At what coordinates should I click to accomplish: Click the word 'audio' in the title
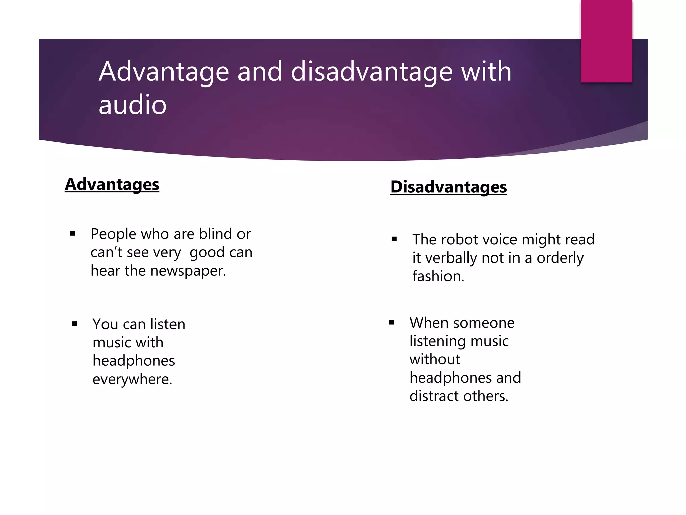[x=133, y=105]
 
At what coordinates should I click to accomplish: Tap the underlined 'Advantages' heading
[x=112, y=184]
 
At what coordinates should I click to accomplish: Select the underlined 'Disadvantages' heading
[x=449, y=187]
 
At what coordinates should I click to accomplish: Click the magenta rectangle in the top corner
[x=606, y=41]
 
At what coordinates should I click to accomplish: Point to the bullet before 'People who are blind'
[x=72, y=234]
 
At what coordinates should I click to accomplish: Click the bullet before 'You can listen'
[x=74, y=324]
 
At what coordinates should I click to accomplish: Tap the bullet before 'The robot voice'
[x=394, y=239]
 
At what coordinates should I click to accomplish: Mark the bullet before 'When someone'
[x=391, y=323]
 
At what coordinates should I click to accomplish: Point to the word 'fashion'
[x=437, y=276]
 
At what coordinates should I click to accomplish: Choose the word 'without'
[x=435, y=359]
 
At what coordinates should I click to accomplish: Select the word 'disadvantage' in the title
[x=372, y=72]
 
